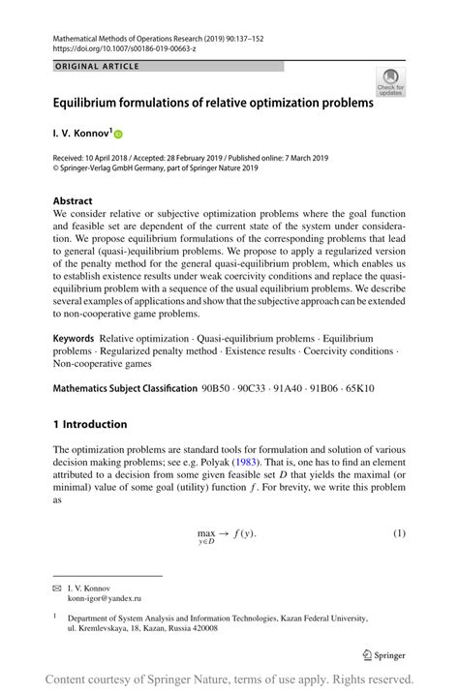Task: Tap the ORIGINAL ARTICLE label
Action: click(x=97, y=67)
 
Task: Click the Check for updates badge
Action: click(x=390, y=82)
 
